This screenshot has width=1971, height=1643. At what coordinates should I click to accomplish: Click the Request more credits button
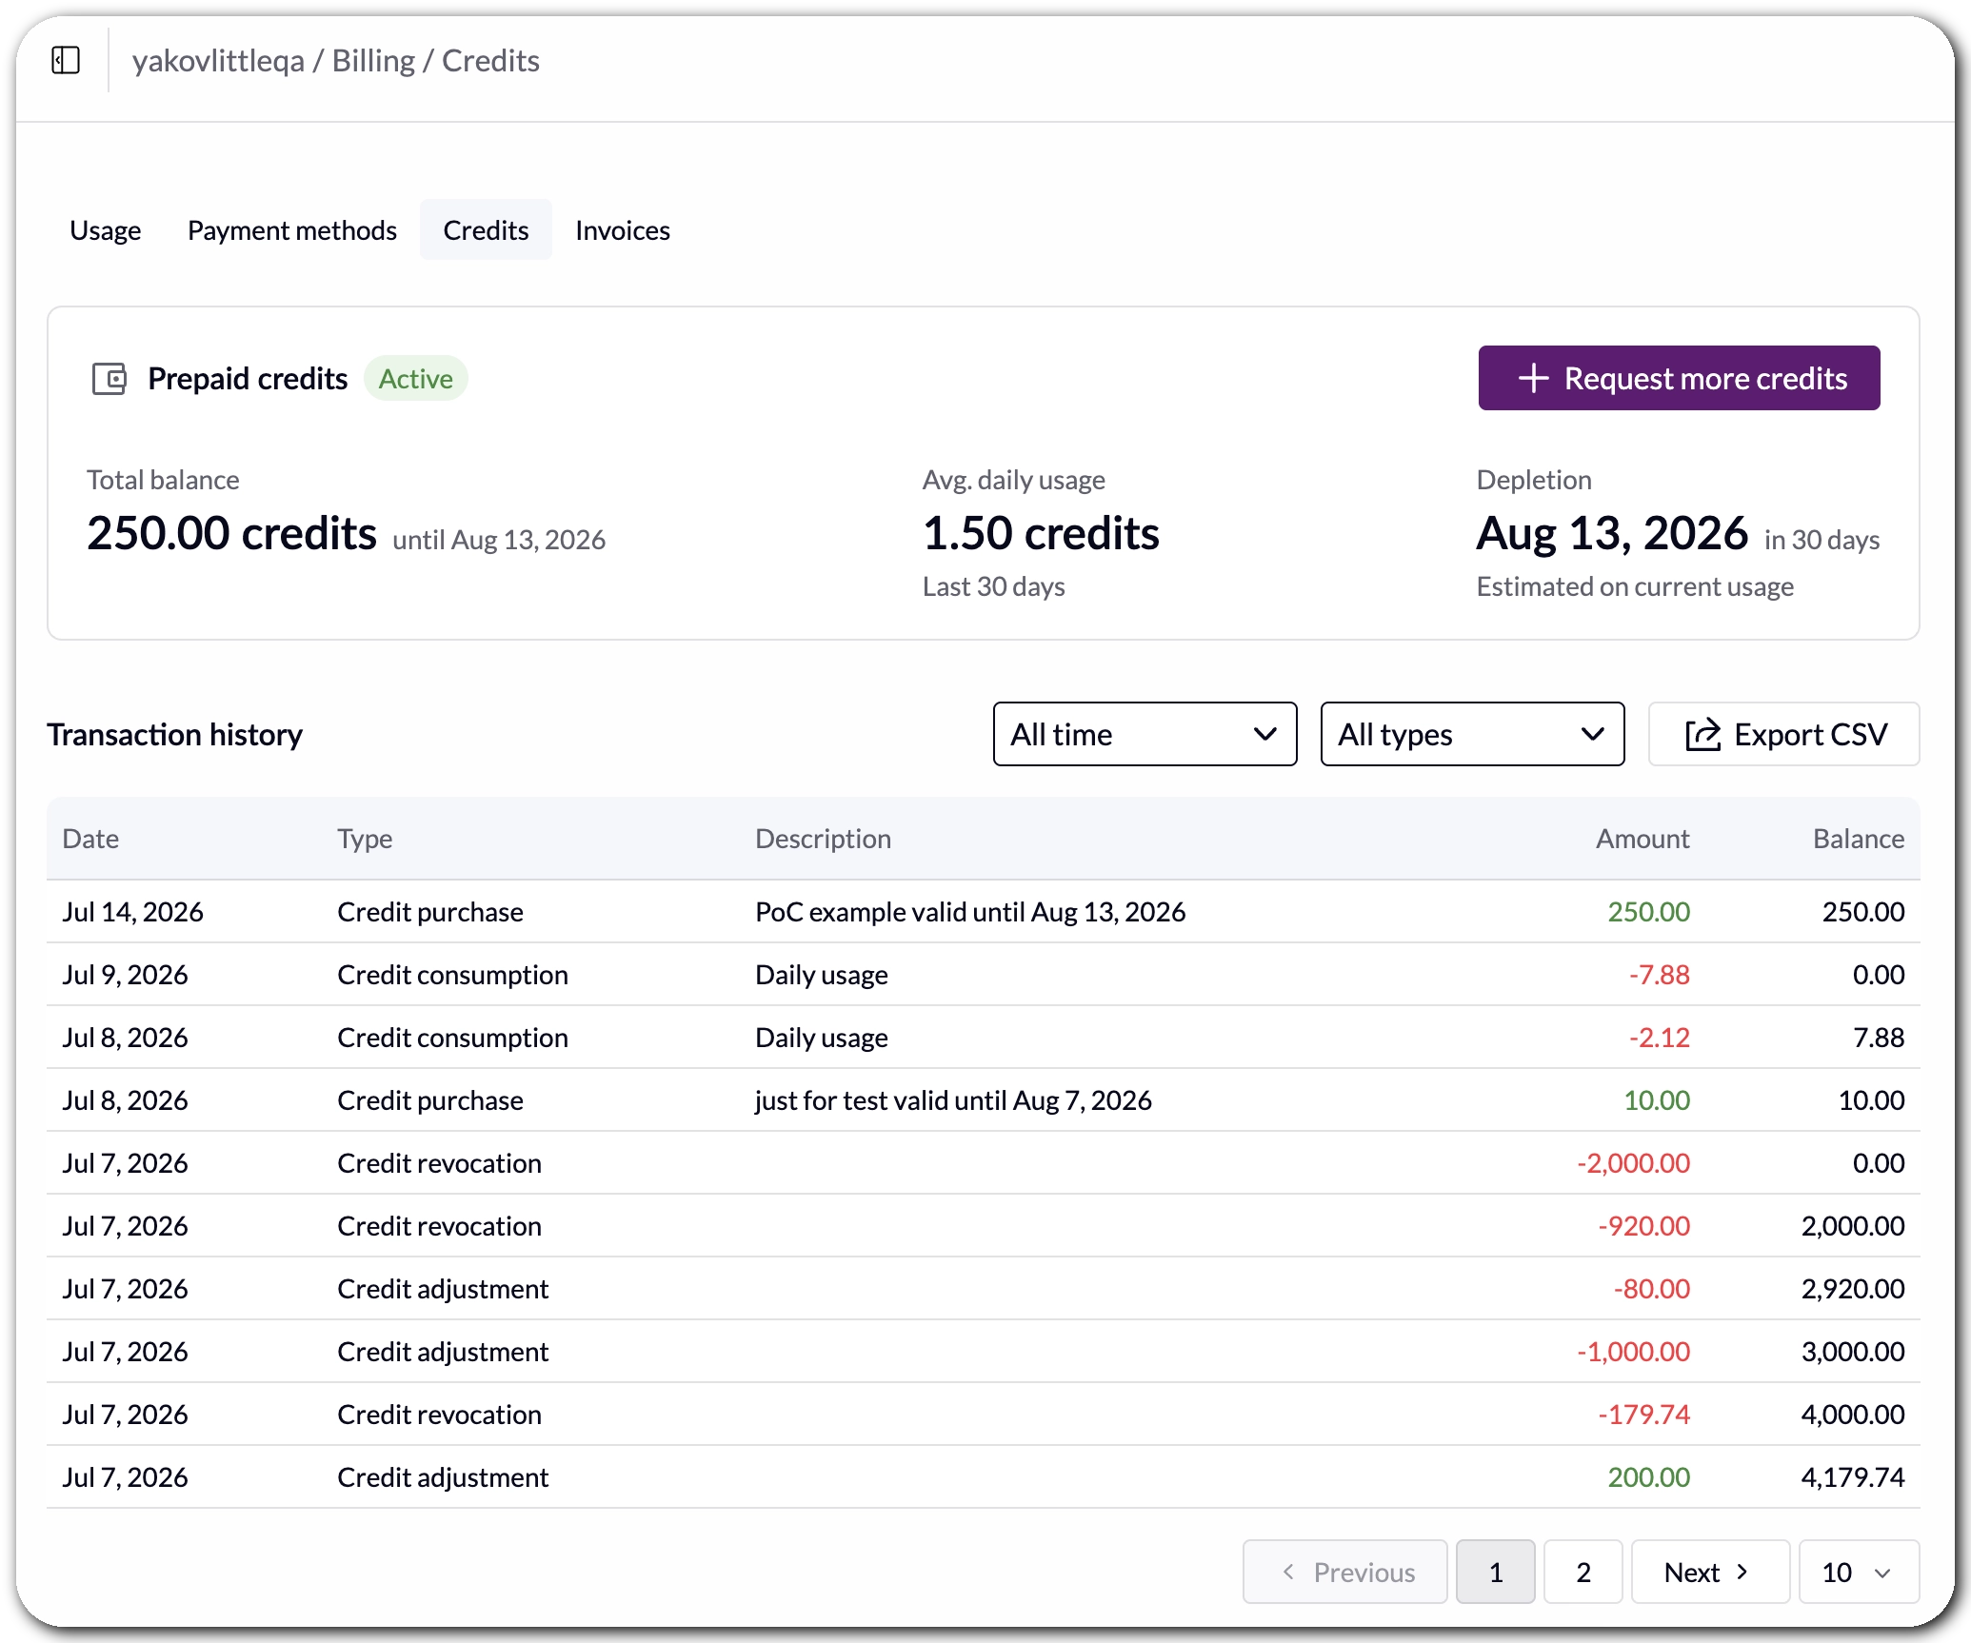pyautogui.click(x=1678, y=378)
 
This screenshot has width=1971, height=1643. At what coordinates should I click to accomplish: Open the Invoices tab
pyautogui.click(x=623, y=230)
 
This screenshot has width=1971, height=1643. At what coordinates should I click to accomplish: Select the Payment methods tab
pyautogui.click(x=291, y=230)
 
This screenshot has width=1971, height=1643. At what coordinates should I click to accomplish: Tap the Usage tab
pyautogui.click(x=105, y=230)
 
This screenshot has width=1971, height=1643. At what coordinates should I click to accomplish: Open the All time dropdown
pyautogui.click(x=1145, y=734)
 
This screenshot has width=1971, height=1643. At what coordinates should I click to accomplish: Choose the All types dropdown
pyautogui.click(x=1472, y=734)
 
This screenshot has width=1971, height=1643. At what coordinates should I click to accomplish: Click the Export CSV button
pyautogui.click(x=1783, y=734)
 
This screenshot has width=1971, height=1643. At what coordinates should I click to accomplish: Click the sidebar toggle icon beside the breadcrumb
pyautogui.click(x=66, y=61)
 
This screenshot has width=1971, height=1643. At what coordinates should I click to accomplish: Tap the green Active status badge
pyautogui.click(x=416, y=379)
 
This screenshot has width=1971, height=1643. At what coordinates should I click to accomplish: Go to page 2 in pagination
pyautogui.click(x=1583, y=1572)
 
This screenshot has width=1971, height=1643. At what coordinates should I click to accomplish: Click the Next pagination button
pyautogui.click(x=1710, y=1572)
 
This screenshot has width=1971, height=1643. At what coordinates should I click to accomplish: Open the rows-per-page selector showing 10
pyautogui.click(x=1858, y=1572)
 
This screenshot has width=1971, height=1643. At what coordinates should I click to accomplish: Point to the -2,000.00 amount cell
pyautogui.click(x=1633, y=1162)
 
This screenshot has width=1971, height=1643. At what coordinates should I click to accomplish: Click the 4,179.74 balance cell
pyautogui.click(x=1852, y=1476)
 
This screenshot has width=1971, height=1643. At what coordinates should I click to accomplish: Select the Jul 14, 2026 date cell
pyautogui.click(x=132, y=911)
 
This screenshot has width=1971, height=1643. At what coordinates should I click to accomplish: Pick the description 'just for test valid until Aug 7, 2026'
pyautogui.click(x=953, y=1099)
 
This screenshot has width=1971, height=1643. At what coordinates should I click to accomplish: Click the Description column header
pyautogui.click(x=823, y=838)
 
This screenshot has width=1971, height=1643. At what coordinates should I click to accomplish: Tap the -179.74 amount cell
pyautogui.click(x=1643, y=1414)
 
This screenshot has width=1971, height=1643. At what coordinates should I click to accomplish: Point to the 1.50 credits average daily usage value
pyautogui.click(x=1041, y=533)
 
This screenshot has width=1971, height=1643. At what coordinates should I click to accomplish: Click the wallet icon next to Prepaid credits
pyautogui.click(x=109, y=379)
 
